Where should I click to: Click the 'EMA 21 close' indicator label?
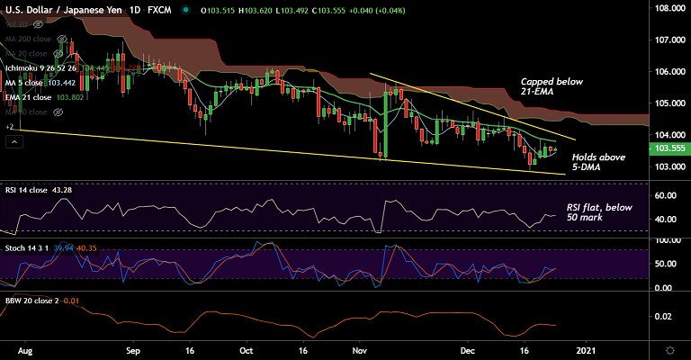pyautogui.click(x=31, y=96)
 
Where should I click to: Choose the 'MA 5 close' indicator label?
pyautogui.click(x=29, y=82)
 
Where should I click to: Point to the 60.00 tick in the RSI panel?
pyautogui.click(x=666, y=195)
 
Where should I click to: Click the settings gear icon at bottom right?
pyautogui.click(x=670, y=349)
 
